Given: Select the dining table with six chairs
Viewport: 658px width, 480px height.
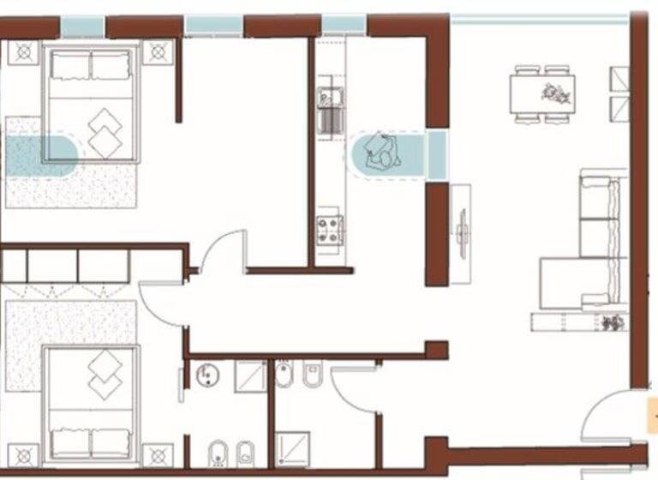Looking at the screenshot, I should [x=547, y=93].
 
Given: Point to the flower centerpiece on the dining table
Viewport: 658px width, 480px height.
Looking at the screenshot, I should [x=549, y=91].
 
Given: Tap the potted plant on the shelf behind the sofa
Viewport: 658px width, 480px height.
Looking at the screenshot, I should [x=612, y=322].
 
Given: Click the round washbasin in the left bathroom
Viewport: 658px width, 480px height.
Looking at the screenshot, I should [x=206, y=375].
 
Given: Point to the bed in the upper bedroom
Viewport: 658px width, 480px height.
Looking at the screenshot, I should [x=92, y=104].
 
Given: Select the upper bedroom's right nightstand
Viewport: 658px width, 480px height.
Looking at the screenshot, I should [x=158, y=51].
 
